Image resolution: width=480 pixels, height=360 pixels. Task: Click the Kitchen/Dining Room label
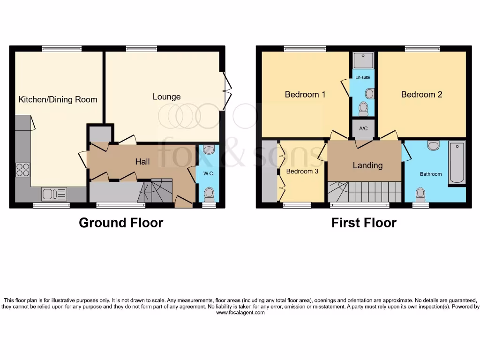(58, 99)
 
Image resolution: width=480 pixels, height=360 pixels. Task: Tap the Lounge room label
(166, 97)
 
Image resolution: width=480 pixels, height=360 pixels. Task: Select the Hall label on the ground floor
(142, 161)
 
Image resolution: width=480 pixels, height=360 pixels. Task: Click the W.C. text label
(209, 173)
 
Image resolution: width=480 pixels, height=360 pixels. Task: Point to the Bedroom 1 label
(305, 95)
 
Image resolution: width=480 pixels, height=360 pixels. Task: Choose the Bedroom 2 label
(421, 95)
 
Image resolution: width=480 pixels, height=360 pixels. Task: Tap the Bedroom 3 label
(302, 172)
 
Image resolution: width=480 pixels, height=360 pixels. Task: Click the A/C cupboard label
(363, 129)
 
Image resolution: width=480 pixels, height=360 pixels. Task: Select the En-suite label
(362, 77)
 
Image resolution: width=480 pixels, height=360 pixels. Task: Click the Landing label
(367, 165)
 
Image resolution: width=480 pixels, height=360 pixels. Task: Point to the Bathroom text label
(430, 174)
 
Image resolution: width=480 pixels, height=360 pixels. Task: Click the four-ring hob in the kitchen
(22, 169)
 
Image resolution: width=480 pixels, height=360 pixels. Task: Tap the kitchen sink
(54, 194)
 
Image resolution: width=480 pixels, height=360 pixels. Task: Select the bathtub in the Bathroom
(457, 163)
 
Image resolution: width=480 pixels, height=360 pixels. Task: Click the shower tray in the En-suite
(363, 60)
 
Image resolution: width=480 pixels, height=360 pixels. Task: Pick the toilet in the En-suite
(363, 108)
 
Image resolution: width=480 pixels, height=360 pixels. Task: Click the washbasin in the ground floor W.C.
(209, 150)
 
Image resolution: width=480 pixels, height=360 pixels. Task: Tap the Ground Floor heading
(121, 223)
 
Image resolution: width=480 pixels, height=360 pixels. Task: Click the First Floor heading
(364, 223)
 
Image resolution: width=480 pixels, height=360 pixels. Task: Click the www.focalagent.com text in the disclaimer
(240, 313)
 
